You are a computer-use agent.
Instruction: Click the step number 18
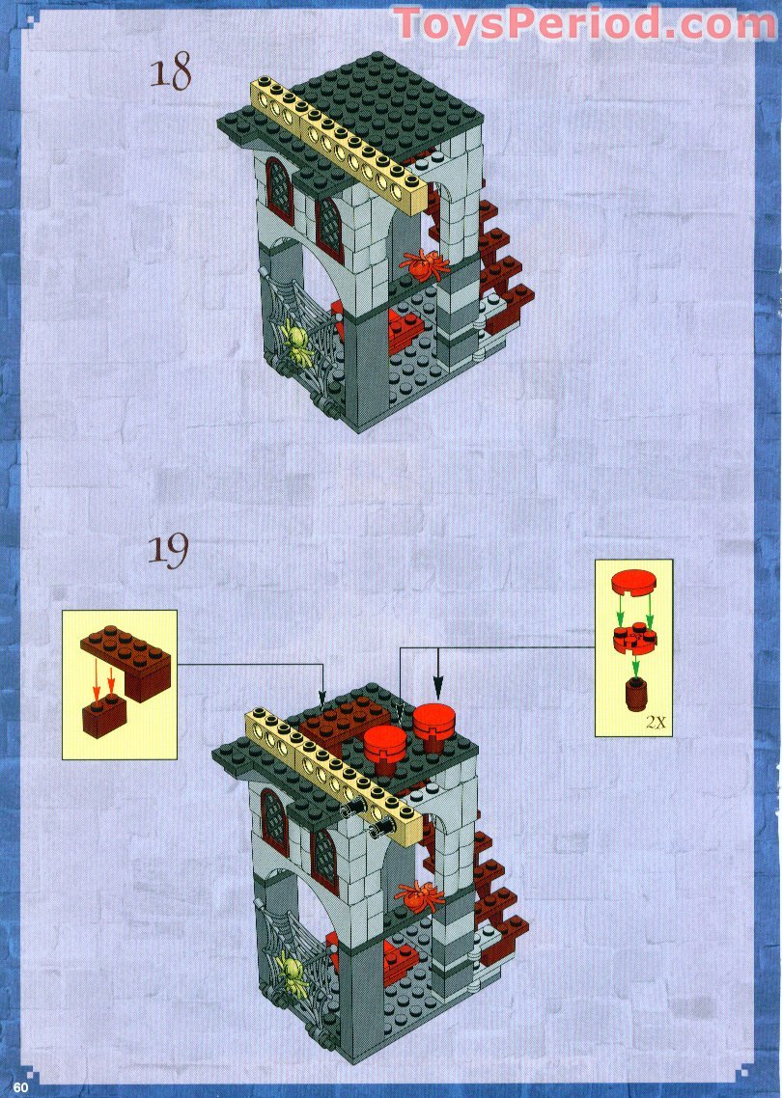(170, 73)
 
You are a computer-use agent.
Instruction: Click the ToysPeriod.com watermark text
(585, 23)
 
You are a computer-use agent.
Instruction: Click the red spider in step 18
(424, 263)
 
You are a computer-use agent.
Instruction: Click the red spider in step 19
(417, 895)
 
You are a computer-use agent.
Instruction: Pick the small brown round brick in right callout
(634, 693)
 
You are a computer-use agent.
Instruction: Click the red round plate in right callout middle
(633, 638)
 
